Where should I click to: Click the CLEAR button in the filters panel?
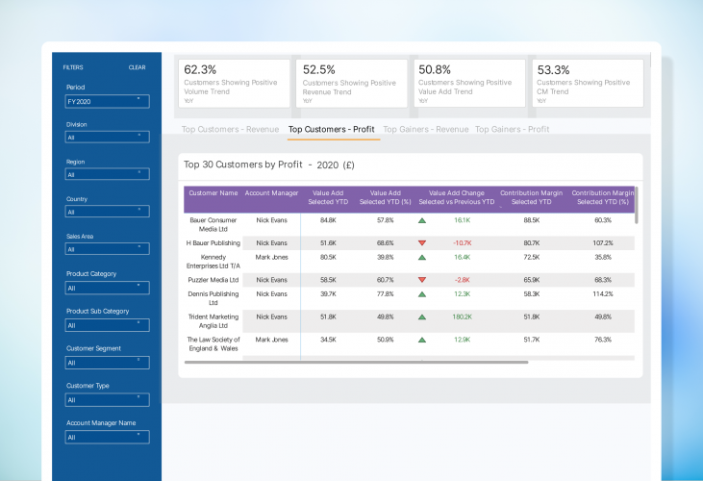tap(137, 67)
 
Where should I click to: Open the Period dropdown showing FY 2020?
tap(107, 101)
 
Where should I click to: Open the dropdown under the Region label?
tap(107, 175)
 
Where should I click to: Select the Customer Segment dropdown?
tap(107, 363)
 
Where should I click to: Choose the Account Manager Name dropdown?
tap(107, 438)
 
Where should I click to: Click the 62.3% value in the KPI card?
tap(200, 70)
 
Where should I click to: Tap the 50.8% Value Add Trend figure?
tap(435, 70)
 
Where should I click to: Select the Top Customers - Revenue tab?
tap(230, 129)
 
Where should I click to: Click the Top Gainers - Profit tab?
tap(512, 129)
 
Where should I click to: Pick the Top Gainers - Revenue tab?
tap(424, 129)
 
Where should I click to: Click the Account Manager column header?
tap(270, 193)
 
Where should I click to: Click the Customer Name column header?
tap(213, 193)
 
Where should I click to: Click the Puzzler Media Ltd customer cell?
tap(213, 280)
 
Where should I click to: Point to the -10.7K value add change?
tap(462, 243)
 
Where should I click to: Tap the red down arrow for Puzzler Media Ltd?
tap(421, 280)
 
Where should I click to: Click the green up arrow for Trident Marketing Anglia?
tap(421, 316)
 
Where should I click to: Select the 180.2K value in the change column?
tap(462, 316)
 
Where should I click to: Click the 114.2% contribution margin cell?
tap(602, 294)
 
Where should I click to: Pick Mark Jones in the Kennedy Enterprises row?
tap(271, 258)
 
